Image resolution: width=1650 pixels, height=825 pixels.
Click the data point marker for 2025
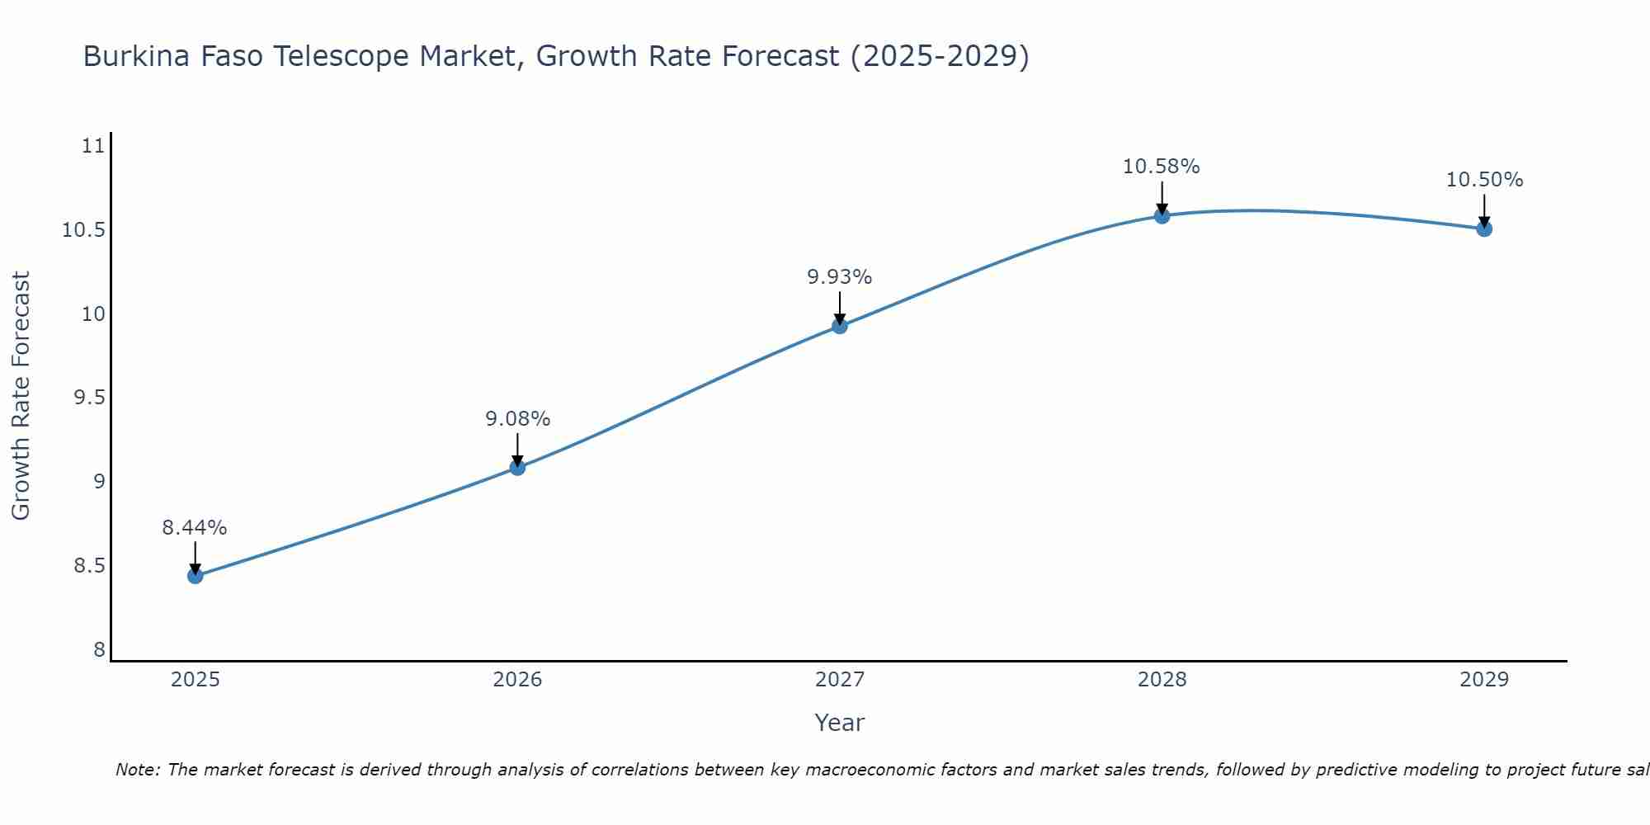(x=196, y=576)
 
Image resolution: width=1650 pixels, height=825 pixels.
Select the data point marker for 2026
(x=517, y=468)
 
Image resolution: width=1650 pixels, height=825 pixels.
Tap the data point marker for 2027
(x=840, y=326)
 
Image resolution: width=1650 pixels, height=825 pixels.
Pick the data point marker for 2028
(x=1162, y=216)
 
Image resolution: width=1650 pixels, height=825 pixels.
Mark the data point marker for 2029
(x=1484, y=229)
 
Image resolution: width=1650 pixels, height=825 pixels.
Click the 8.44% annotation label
(x=195, y=528)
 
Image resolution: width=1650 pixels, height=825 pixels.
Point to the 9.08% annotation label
(x=517, y=419)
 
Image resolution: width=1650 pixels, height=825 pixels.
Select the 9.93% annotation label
(x=840, y=277)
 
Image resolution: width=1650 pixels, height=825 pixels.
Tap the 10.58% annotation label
(x=1162, y=167)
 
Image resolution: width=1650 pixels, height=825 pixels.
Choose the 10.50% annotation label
(x=1484, y=180)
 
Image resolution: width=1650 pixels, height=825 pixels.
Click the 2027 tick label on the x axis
(x=840, y=680)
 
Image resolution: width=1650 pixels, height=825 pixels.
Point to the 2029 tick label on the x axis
(x=1484, y=680)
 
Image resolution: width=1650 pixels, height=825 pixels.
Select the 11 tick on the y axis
(x=94, y=146)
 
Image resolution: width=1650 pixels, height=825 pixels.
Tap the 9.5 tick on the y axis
(x=90, y=398)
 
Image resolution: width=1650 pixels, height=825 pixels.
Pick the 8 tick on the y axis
(x=100, y=650)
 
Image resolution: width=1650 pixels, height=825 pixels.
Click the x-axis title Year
(x=840, y=723)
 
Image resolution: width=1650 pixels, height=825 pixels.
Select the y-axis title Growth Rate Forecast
(x=21, y=396)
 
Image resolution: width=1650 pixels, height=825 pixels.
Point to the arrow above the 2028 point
(x=1162, y=198)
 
